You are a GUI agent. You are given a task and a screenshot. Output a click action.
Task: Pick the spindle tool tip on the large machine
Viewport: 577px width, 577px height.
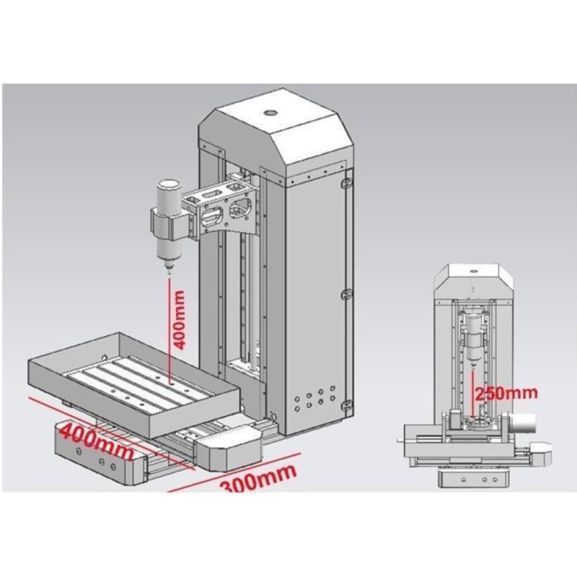point(168,270)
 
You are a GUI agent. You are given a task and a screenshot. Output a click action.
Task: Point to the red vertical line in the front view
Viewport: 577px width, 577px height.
point(473,393)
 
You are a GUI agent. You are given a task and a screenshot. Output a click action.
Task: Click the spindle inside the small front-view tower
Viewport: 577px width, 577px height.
point(473,339)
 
